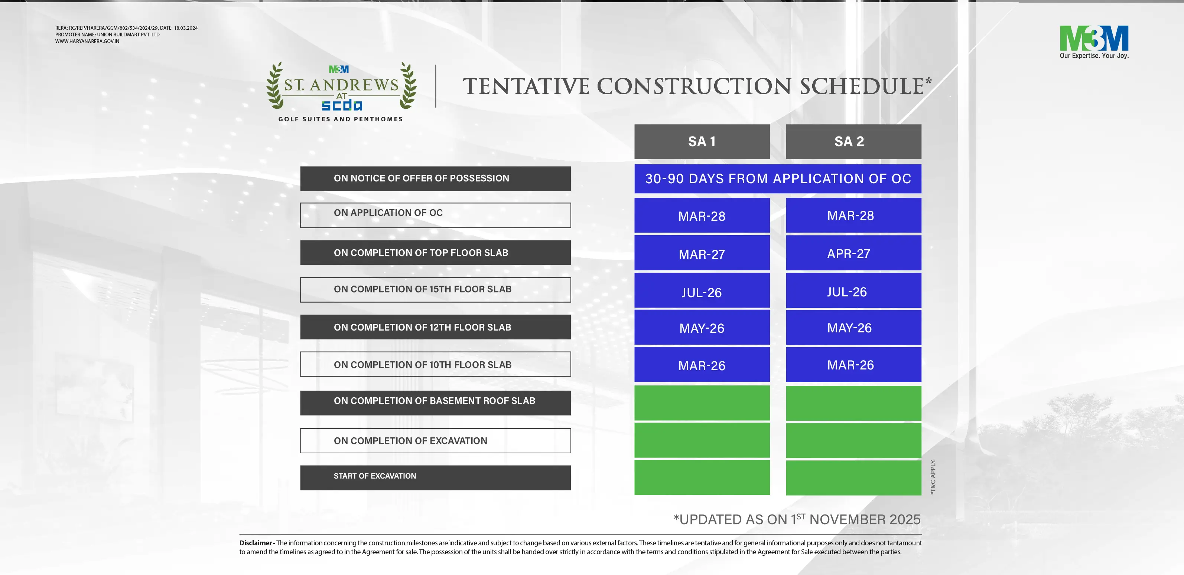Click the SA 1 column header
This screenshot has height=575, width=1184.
pyautogui.click(x=702, y=141)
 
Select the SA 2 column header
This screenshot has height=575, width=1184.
pyautogui.click(x=853, y=141)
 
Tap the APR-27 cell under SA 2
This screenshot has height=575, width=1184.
pyautogui.click(x=853, y=253)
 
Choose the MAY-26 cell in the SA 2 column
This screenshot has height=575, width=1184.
pyautogui.click(x=853, y=328)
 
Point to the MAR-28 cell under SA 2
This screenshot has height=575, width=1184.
pyautogui.click(x=853, y=216)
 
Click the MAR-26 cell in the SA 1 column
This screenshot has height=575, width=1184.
pyautogui.click(x=702, y=365)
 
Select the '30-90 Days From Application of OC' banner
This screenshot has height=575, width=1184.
pyautogui.click(x=778, y=179)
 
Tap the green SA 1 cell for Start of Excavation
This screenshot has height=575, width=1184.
pyautogui.click(x=702, y=478)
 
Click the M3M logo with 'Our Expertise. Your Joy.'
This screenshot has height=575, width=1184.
pyautogui.click(x=1094, y=42)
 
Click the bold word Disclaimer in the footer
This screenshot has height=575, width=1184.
pyautogui.click(x=256, y=543)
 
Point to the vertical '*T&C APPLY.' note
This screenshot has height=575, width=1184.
pyautogui.click(x=933, y=477)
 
